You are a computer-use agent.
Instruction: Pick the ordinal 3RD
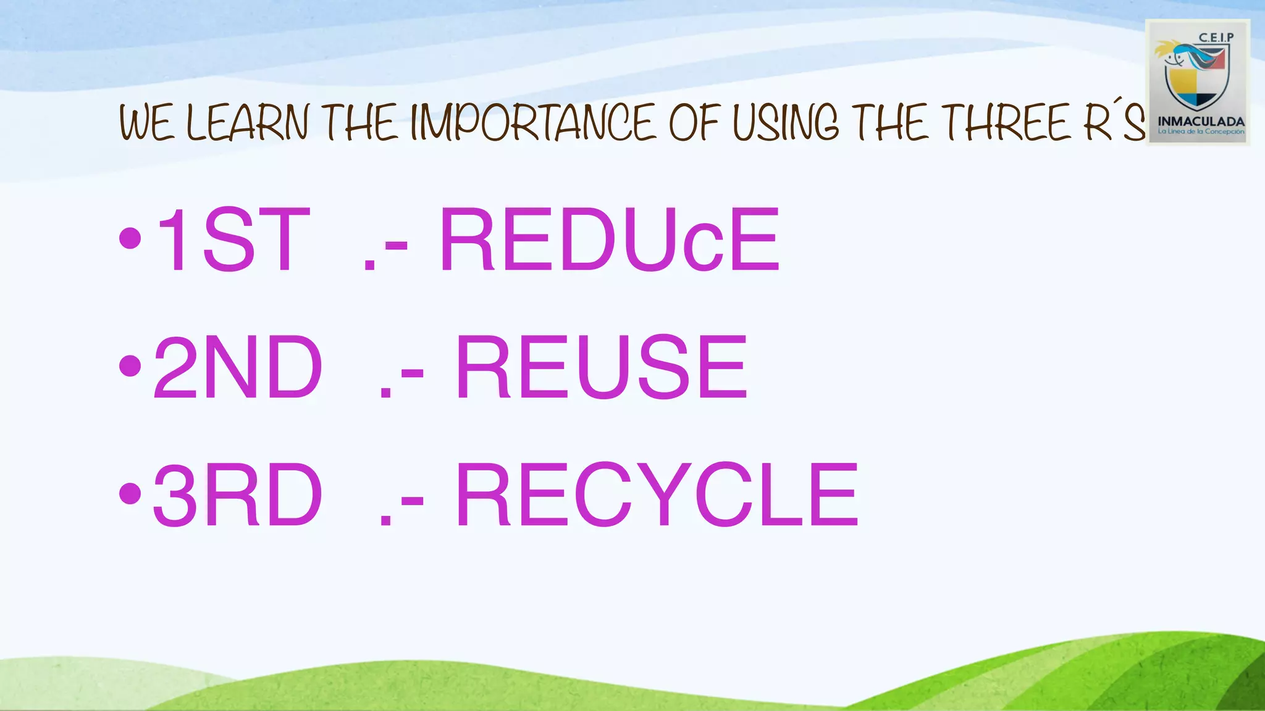point(238,495)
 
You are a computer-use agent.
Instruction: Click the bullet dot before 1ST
point(130,239)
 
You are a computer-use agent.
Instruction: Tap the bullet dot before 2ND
point(130,367)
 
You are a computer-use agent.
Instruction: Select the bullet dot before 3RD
point(130,494)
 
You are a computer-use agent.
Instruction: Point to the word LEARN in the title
point(247,123)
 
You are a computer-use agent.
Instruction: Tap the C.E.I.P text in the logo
point(1216,38)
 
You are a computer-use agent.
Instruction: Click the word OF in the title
point(695,123)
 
